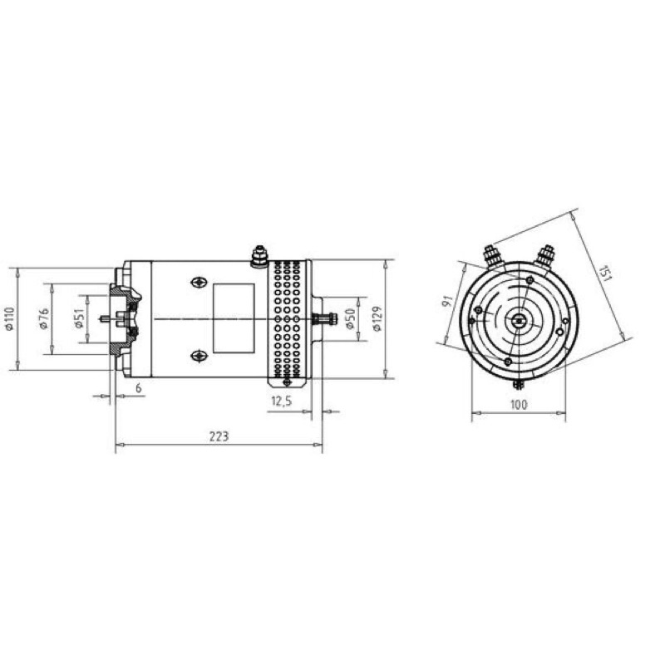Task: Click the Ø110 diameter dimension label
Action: [x=10, y=318]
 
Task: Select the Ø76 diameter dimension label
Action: [x=44, y=319]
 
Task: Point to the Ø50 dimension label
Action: [x=349, y=319]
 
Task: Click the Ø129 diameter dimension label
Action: [x=377, y=318]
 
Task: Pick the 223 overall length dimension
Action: [x=219, y=436]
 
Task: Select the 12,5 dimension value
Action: [x=282, y=401]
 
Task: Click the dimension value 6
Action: [x=138, y=387]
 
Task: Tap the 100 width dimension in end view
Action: [x=519, y=405]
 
